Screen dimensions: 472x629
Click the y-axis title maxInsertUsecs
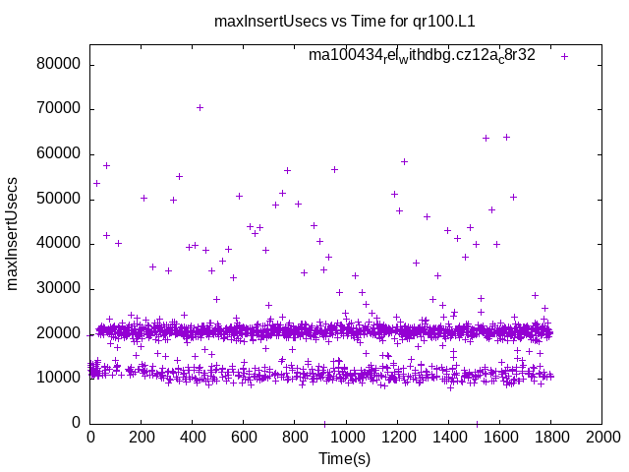(x=14, y=233)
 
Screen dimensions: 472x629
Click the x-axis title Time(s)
(x=345, y=458)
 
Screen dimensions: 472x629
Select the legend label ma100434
(x=422, y=56)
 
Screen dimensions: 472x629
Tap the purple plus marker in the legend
(x=564, y=56)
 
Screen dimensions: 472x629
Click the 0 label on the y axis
(x=77, y=423)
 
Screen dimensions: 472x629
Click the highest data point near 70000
(x=200, y=107)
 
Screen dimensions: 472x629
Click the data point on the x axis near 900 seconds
(x=324, y=424)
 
